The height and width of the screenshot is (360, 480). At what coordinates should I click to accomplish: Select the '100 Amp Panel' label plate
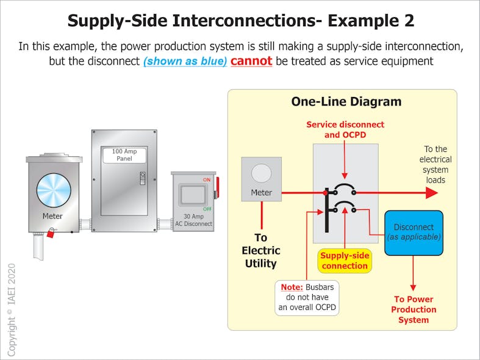coord(124,155)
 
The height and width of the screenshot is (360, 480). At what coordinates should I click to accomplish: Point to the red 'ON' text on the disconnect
coord(207,179)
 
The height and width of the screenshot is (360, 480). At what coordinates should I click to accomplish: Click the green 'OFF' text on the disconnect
coord(207,209)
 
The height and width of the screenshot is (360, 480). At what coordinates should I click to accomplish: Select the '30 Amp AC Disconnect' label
coord(193,220)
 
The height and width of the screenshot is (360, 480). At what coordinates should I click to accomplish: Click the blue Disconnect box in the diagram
coord(414,232)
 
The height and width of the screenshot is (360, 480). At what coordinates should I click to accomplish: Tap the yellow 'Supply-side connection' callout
coord(345,261)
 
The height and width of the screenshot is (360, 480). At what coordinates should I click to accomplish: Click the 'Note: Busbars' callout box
coord(307,297)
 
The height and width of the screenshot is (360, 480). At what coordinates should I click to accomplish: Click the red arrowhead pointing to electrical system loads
coord(431,193)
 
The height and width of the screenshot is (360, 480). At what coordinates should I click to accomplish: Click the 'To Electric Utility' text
coord(260,250)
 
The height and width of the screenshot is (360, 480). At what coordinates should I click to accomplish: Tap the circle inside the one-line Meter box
coord(261,173)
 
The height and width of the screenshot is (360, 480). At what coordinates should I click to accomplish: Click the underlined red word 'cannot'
coord(251,62)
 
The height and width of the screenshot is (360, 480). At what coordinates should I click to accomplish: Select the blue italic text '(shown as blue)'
coord(185,62)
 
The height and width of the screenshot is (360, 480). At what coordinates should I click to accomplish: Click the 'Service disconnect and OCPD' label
coord(345,129)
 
